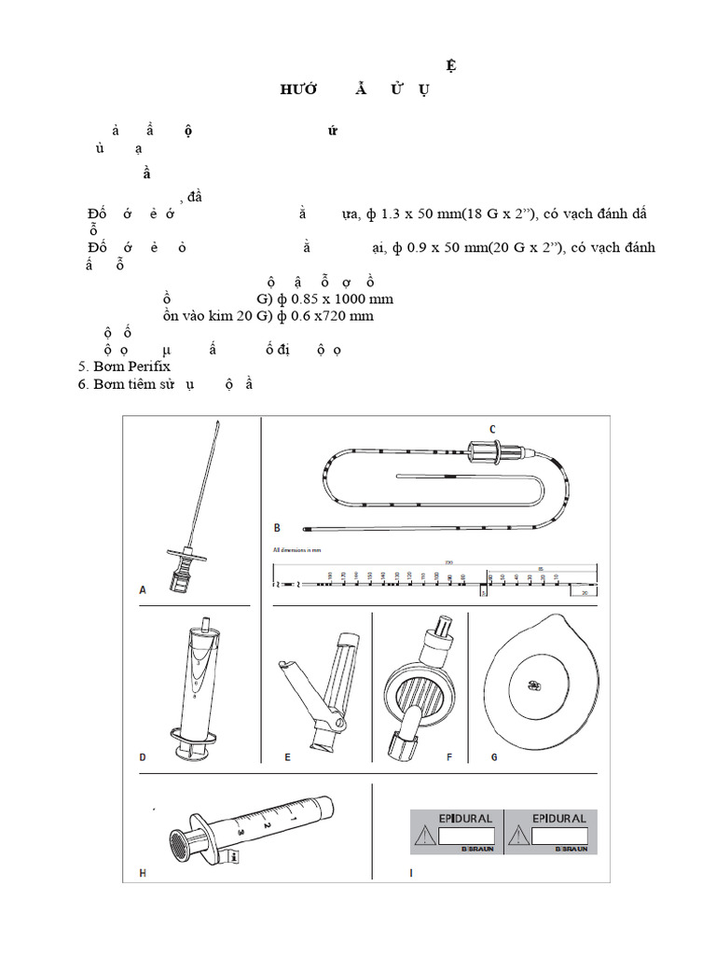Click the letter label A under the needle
point(143,589)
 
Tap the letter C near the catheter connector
point(493,428)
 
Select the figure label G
point(494,756)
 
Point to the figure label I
point(411,873)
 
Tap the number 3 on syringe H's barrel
point(241,830)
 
